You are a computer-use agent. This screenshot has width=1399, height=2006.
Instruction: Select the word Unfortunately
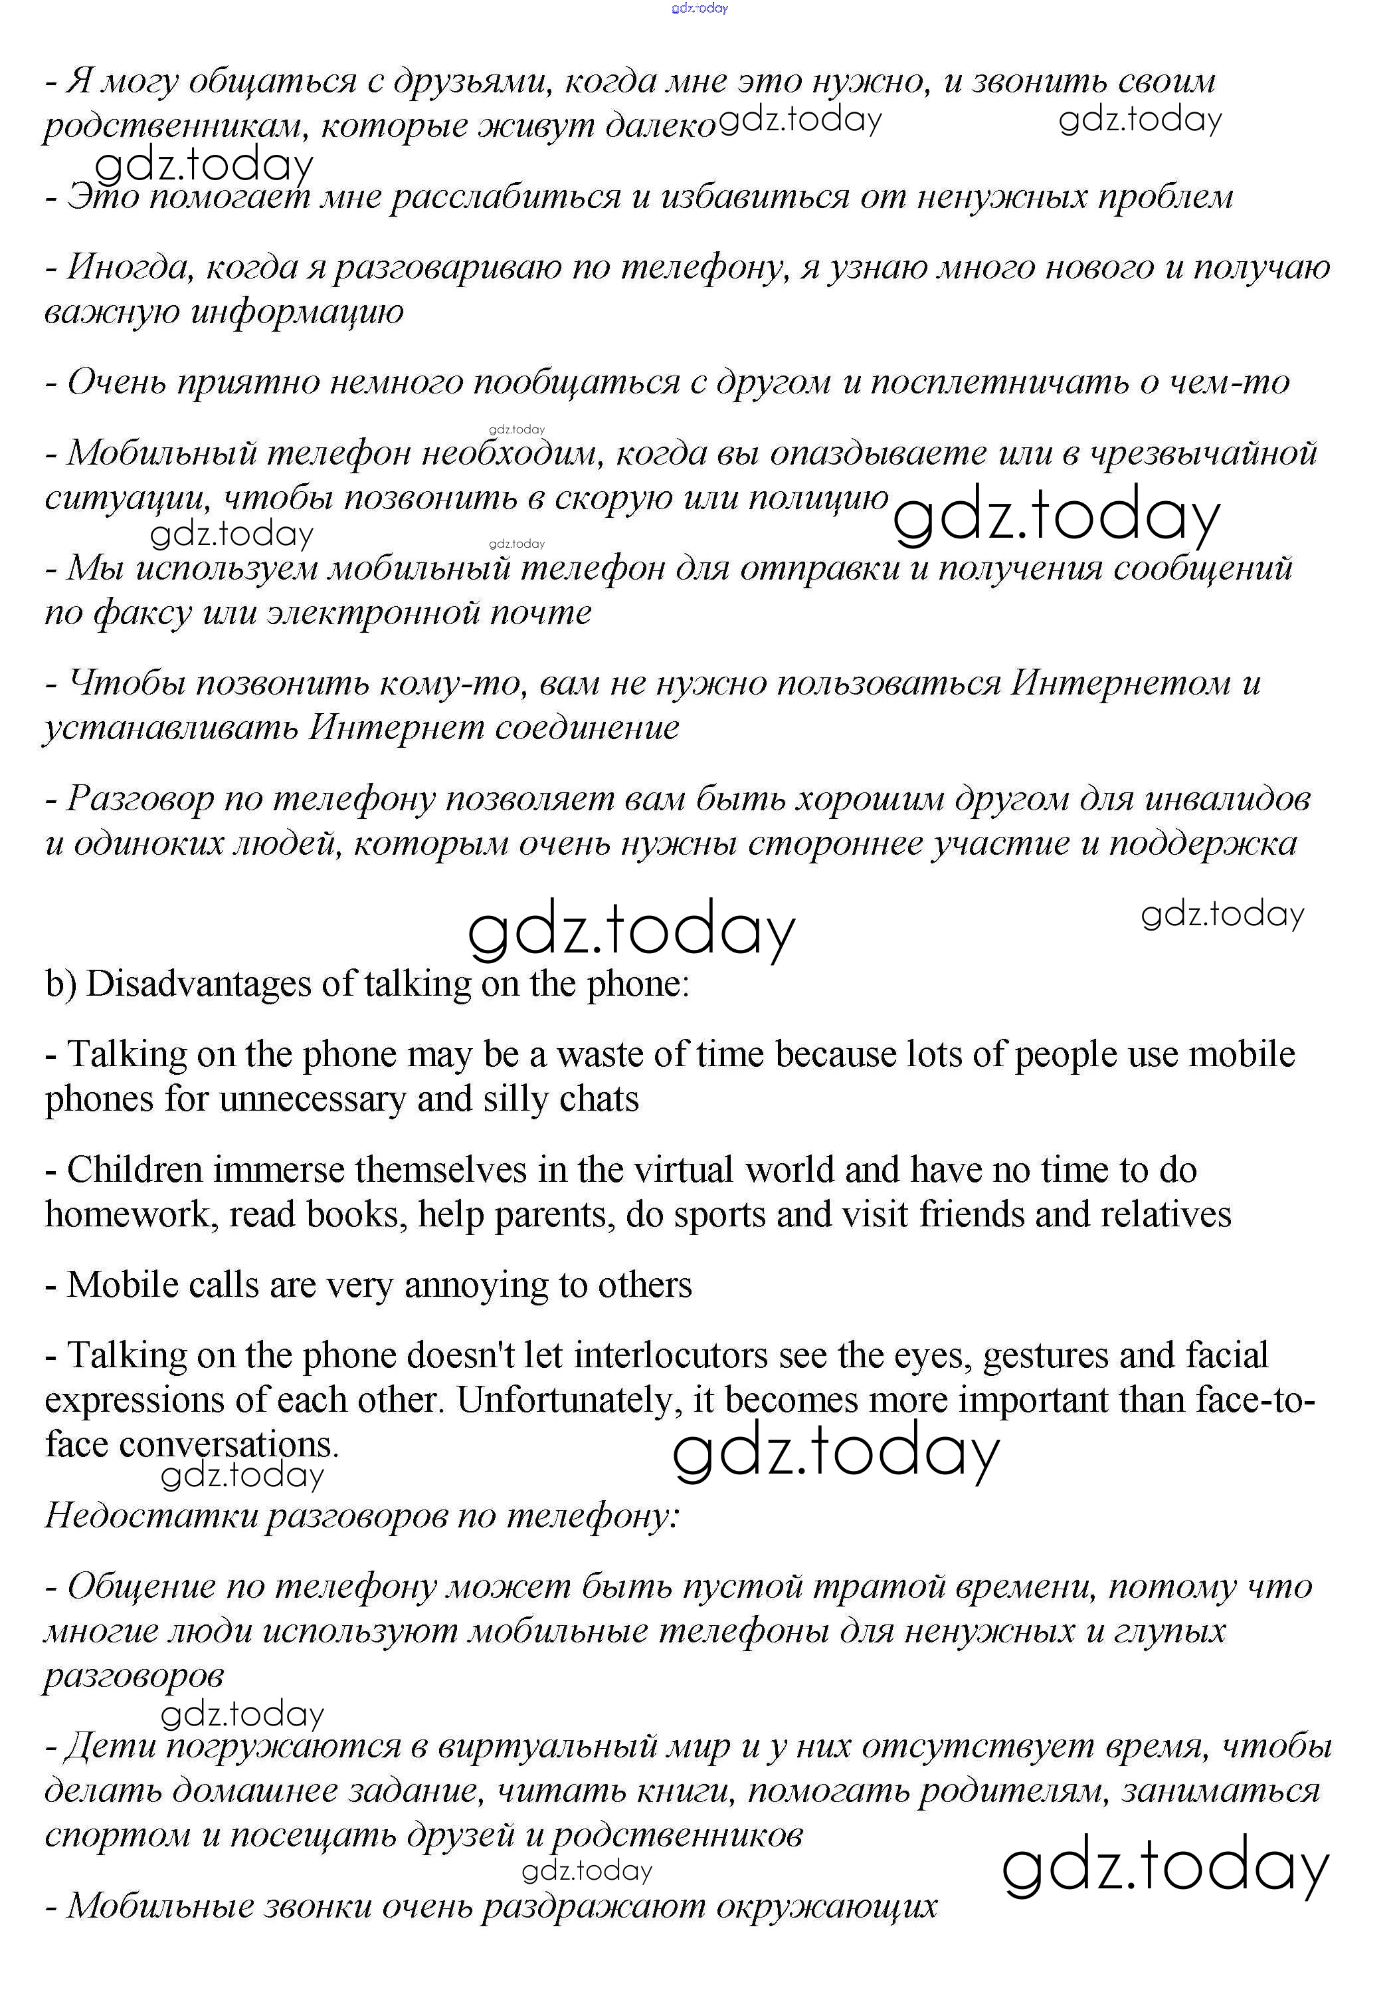[569, 1400]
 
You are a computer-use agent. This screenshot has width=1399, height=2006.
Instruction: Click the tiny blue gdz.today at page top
[699, 8]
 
